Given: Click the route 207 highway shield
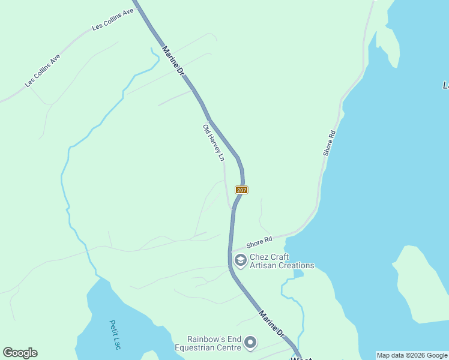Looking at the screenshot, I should click(x=241, y=190).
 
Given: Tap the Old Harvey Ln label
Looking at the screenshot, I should click(x=213, y=143).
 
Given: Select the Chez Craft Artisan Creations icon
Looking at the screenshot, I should click(x=241, y=260).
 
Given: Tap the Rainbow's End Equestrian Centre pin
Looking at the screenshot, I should click(x=250, y=343).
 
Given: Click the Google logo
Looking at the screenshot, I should click(x=20, y=353).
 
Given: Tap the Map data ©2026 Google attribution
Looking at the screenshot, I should click(x=412, y=355).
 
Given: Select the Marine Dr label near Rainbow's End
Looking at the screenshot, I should click(x=271, y=323).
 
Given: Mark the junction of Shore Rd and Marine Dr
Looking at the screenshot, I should click(x=231, y=251).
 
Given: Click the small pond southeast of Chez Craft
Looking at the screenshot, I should click(x=298, y=274).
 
